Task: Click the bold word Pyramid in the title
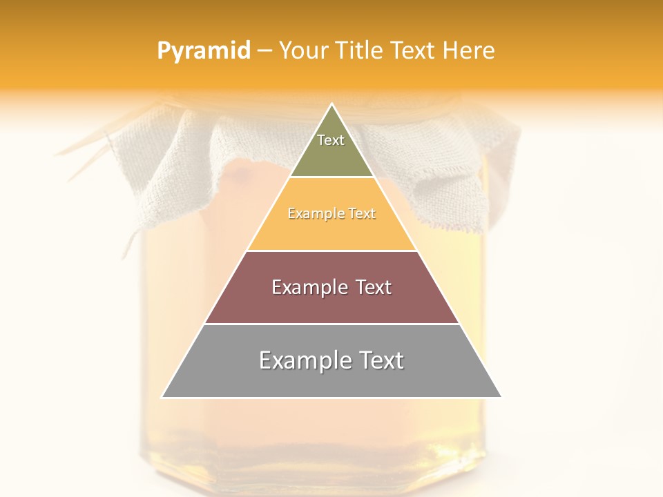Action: [204, 51]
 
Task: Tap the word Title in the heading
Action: [358, 51]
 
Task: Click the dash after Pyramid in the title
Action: [265, 51]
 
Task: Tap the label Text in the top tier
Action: [331, 140]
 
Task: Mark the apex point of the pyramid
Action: [331, 104]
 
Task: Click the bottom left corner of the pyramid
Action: [162, 397]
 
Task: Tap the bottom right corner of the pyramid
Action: [501, 397]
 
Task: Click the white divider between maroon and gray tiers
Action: [331, 324]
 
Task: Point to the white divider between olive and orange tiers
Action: [331, 177]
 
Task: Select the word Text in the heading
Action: [412, 51]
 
